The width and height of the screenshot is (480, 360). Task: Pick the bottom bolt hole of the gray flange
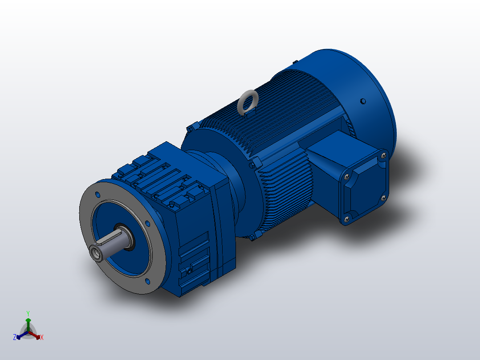tap(147, 281)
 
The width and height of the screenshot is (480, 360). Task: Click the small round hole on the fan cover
tap(362, 101)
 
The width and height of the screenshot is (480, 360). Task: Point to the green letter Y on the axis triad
tap(28, 313)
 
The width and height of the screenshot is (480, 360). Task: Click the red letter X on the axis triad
tap(42, 338)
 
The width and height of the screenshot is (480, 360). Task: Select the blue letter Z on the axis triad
tap(15, 337)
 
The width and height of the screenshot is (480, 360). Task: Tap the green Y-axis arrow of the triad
tap(28, 323)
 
